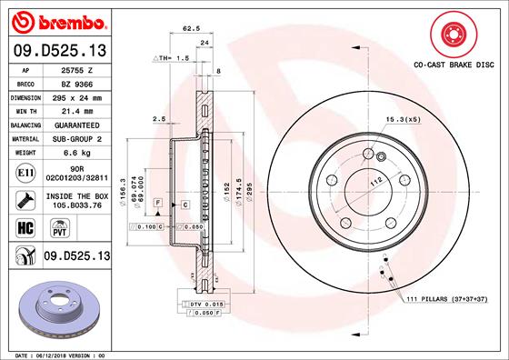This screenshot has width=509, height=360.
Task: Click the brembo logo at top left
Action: (56, 20)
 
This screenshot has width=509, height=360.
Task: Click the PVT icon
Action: (44, 231)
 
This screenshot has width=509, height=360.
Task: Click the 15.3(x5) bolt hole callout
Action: (403, 119)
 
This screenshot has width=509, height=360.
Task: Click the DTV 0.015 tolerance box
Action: (205, 303)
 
